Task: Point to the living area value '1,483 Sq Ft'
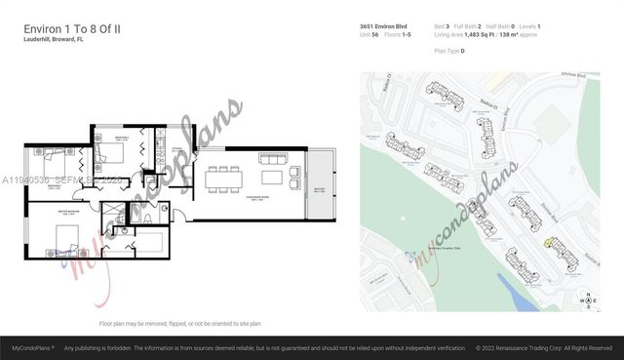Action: [x=487, y=34]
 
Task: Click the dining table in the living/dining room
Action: [x=221, y=178]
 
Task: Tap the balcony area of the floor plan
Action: [x=321, y=185]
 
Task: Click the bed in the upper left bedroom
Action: [x=50, y=153]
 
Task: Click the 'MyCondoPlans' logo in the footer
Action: [x=32, y=347]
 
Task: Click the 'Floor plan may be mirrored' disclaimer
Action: [x=180, y=323]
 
